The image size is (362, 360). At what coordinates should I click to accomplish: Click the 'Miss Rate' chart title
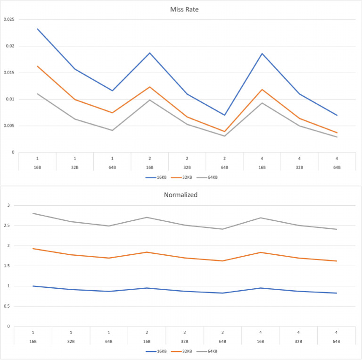[x=181, y=8]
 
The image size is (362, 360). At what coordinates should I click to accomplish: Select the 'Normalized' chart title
[x=181, y=194]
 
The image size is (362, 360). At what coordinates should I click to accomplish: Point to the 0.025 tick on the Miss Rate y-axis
[x=9, y=19]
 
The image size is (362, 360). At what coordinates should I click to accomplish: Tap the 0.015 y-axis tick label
[x=9, y=73]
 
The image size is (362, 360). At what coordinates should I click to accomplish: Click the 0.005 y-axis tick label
[x=9, y=126]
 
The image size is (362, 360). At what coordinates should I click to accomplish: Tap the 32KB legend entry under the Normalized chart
[x=182, y=352]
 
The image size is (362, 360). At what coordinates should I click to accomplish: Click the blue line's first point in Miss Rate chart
[x=37, y=29]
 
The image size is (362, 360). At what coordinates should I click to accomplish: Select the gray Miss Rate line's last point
[x=337, y=137]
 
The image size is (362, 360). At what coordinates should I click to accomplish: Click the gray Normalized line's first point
[x=33, y=213]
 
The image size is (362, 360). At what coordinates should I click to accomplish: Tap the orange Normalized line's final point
[x=337, y=261]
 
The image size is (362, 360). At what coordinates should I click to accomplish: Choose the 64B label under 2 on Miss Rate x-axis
[x=224, y=167]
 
